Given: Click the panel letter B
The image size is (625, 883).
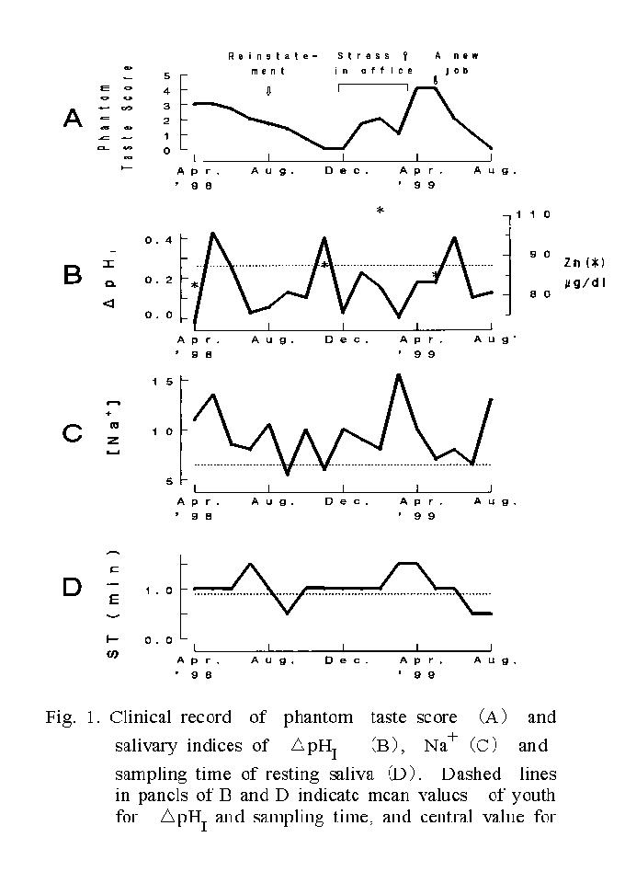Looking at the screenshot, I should tap(73, 275).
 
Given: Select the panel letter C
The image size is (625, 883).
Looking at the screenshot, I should tap(73, 432).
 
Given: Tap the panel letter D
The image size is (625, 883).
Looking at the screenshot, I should tap(73, 588).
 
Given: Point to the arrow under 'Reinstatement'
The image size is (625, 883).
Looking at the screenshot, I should tap(268, 90).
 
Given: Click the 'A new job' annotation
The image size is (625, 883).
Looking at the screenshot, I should tap(456, 63).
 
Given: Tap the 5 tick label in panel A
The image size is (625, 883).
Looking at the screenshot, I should tap(166, 75).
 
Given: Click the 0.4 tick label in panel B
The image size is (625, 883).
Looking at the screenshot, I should tap(158, 240).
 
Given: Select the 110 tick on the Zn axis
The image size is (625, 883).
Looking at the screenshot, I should tap(533, 214).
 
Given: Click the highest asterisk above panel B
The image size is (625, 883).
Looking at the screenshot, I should tap(380, 211).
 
